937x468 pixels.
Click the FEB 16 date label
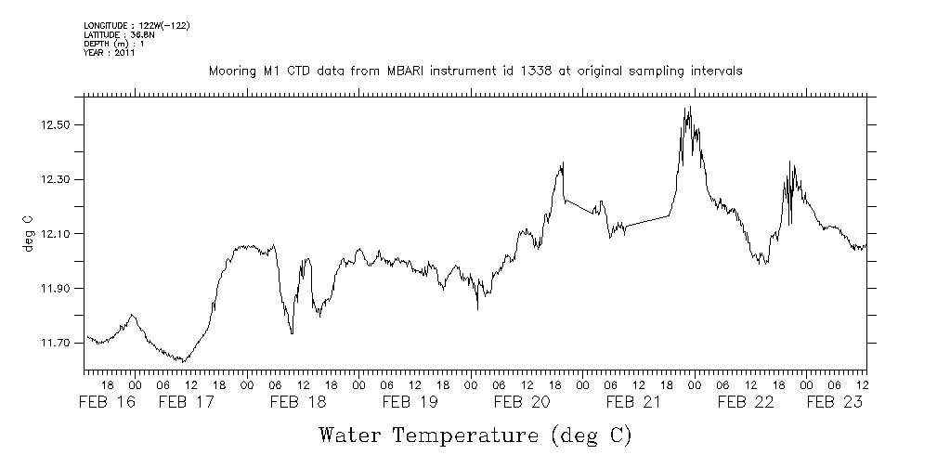(106, 402)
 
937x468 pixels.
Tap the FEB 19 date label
(410, 402)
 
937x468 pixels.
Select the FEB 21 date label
(632, 402)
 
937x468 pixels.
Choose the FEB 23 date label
(833, 402)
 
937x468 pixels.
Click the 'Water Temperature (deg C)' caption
(476, 435)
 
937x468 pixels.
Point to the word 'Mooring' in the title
(233, 71)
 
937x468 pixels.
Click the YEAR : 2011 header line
(110, 53)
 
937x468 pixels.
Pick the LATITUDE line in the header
(118, 34)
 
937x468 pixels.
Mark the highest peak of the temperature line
(688, 108)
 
